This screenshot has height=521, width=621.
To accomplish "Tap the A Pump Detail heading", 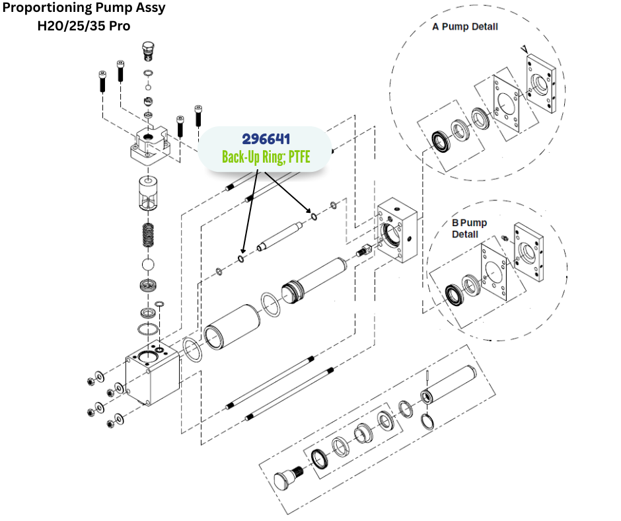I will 465,27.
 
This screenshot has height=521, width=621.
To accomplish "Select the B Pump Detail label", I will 469,228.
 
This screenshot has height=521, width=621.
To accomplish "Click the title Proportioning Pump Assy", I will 84,9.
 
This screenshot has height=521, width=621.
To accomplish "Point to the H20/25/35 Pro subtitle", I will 84,26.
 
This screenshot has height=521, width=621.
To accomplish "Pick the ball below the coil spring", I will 151,264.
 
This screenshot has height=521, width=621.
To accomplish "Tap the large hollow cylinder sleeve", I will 231,325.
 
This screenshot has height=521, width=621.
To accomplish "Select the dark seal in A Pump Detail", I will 438,141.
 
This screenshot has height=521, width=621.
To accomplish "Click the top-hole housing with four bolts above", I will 154,145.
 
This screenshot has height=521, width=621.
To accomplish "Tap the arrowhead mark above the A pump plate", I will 523,49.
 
